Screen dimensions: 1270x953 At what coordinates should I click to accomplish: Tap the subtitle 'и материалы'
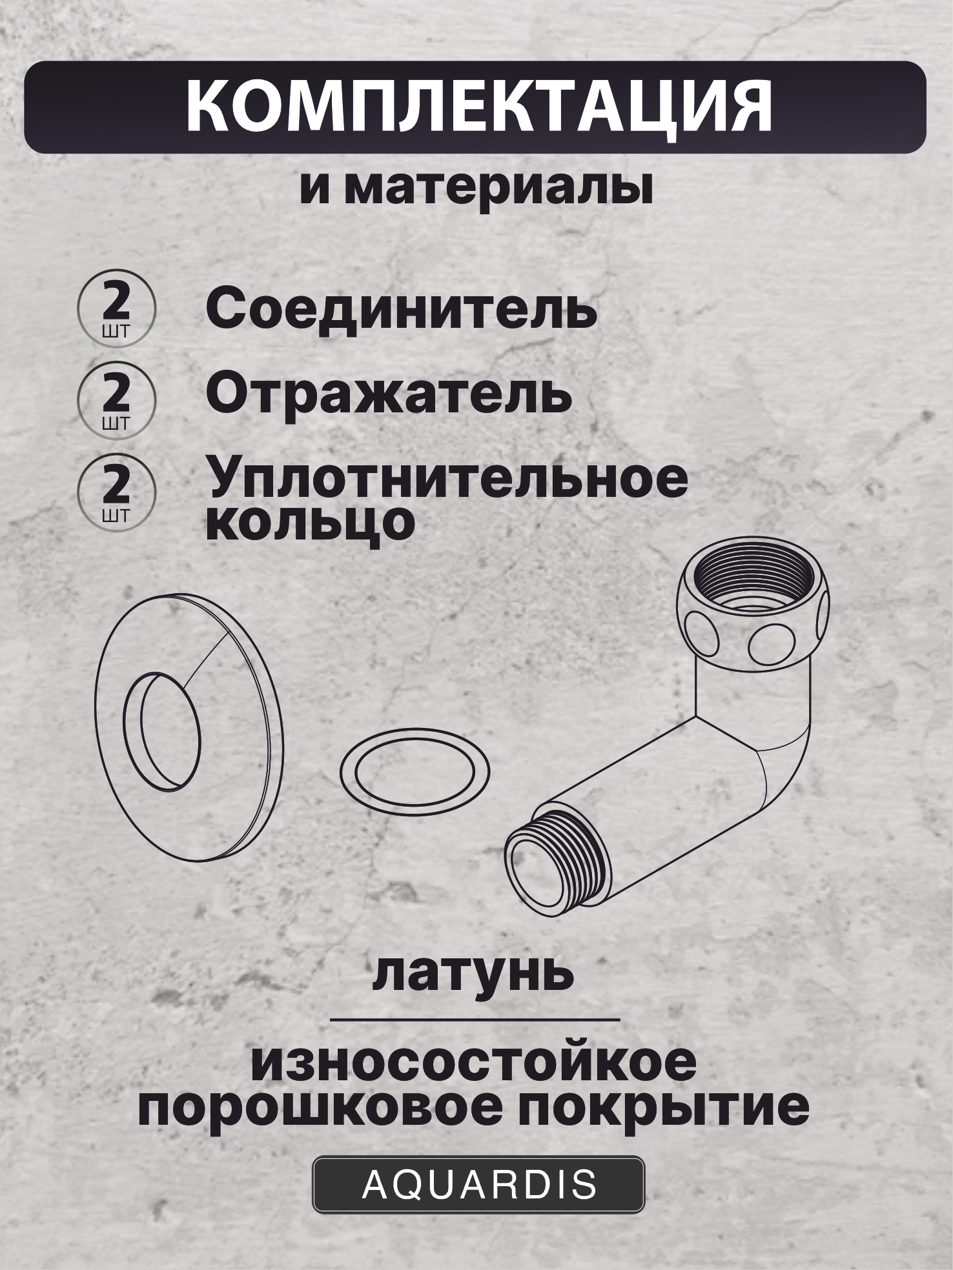tap(477, 188)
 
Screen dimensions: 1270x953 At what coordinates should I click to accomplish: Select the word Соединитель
tap(400, 310)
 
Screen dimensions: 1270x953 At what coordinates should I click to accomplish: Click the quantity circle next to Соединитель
tap(116, 308)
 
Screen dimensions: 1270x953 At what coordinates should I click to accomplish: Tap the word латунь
tap(473, 974)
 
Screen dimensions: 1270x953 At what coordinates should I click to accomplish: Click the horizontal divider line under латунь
tap(475, 1019)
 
